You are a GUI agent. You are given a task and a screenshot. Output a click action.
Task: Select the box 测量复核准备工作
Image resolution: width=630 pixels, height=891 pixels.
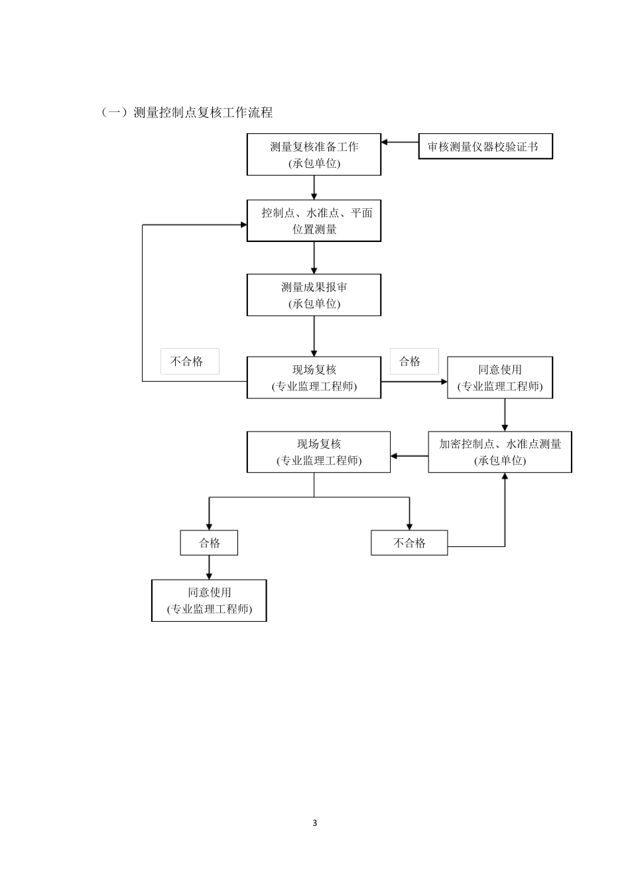point(314,154)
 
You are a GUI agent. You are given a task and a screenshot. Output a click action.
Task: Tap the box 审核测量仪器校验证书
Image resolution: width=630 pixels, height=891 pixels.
point(485,147)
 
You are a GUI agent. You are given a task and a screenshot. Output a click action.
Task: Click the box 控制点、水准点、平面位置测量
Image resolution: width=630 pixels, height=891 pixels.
point(314,221)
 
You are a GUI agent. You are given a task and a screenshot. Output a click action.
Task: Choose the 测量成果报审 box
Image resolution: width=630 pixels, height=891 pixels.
point(314,295)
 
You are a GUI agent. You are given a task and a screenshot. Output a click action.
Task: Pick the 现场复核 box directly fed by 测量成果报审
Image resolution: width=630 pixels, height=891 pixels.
point(314,378)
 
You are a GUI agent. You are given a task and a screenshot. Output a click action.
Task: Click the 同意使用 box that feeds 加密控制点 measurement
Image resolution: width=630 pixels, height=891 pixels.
point(500,378)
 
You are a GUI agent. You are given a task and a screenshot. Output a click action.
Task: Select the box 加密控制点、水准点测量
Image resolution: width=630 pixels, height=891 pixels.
point(500,452)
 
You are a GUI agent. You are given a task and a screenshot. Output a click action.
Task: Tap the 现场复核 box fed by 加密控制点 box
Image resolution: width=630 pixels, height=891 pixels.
point(318,452)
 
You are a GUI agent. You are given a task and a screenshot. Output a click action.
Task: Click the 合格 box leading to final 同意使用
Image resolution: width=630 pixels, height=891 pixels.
point(209,543)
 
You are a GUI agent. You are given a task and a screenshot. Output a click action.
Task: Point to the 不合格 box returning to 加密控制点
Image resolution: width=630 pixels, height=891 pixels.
point(409,543)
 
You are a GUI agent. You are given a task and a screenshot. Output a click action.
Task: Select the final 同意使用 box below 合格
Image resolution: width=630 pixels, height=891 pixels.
point(209,601)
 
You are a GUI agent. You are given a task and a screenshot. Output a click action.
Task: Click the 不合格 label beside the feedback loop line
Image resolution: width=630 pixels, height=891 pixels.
point(189,361)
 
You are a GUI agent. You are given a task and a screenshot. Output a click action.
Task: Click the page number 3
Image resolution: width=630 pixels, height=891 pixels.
point(314,823)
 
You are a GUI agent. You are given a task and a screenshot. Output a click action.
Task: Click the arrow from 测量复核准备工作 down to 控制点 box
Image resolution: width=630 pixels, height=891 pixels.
point(314,188)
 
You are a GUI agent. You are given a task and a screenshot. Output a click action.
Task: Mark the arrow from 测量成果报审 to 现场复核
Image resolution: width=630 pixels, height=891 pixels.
point(314,336)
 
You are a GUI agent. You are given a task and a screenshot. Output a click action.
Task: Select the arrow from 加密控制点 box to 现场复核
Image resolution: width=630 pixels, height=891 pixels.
point(409,456)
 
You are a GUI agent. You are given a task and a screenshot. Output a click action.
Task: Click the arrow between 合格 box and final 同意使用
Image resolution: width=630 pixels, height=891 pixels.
point(209,567)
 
